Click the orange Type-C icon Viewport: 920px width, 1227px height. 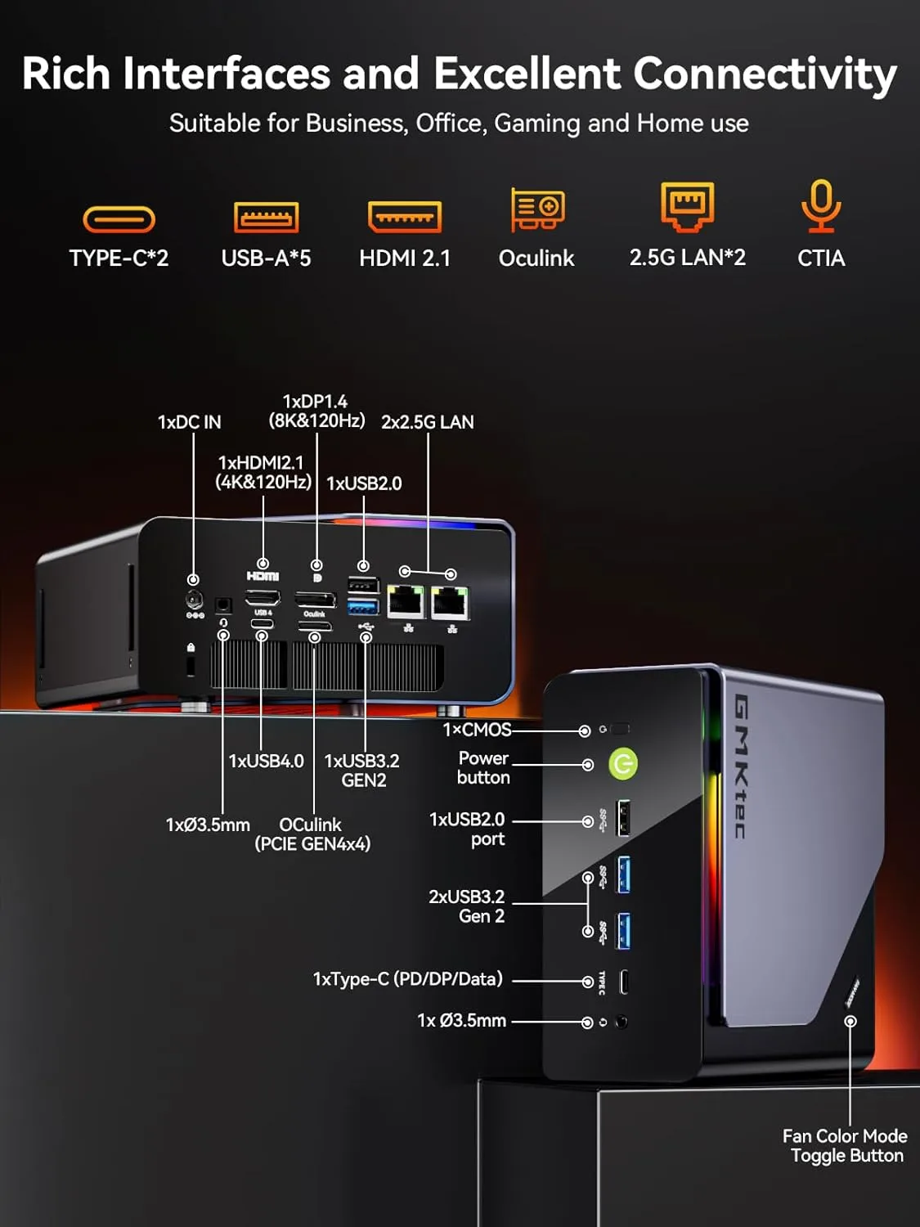[119, 219]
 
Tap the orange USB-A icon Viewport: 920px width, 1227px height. [266, 218]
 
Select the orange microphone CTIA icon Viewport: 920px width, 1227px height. [820, 206]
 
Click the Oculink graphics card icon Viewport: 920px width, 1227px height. [537, 209]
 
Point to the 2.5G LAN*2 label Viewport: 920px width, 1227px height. [687, 258]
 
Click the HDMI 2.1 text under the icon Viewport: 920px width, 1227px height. [405, 258]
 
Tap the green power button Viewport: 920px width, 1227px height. [623, 764]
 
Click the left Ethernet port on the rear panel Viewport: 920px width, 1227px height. [406, 603]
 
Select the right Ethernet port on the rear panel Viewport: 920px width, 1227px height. [450, 604]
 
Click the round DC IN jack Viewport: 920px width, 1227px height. [195, 600]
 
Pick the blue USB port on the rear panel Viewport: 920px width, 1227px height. [364, 607]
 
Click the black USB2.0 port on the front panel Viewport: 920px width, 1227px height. [623, 818]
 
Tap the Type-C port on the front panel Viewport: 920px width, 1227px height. [623, 981]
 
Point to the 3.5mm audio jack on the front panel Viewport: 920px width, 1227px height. [622, 1022]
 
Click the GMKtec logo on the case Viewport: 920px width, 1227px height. [740, 766]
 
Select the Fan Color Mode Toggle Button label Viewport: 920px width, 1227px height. [845, 1145]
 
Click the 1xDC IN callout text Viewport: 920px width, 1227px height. [189, 422]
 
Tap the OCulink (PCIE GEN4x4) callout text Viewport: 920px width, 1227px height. [312, 834]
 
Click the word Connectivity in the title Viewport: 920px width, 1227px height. [765, 74]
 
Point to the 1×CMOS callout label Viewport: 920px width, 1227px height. [477, 730]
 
